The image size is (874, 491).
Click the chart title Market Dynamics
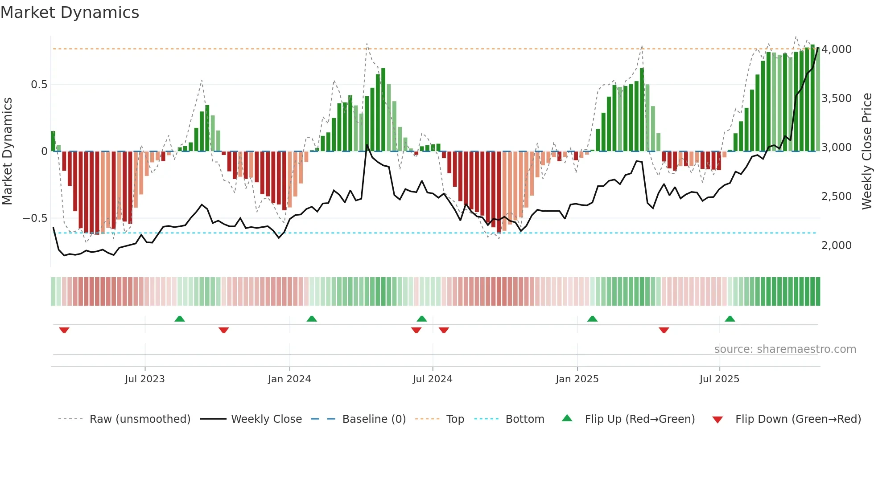pos(70,12)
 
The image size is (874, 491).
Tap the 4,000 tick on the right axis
pos(836,49)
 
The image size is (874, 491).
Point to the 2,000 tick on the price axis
pos(836,245)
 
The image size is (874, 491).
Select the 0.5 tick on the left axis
pos(39,85)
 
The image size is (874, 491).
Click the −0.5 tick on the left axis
pos(35,218)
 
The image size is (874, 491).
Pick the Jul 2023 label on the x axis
pos(145,379)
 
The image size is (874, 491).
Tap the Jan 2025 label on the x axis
pos(577,379)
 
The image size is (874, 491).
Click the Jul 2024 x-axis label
pos(433,379)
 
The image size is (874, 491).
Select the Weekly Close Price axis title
pos(866,151)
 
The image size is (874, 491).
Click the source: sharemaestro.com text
pos(785,349)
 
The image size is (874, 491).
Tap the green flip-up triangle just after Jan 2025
pos(592,319)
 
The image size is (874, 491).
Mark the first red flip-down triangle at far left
pos(64,330)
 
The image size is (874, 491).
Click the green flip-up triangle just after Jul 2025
pos(730,319)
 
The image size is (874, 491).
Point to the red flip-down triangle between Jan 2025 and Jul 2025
pos(664,330)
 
